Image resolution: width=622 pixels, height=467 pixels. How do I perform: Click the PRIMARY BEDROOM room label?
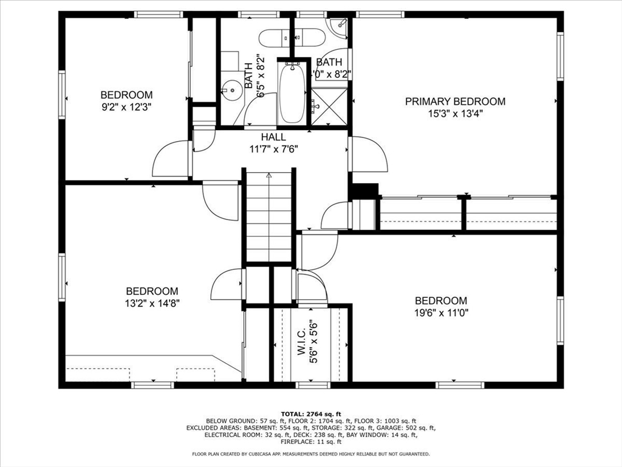pyautogui.click(x=455, y=102)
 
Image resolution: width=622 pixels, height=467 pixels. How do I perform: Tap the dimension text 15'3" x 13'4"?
pyautogui.click(x=455, y=113)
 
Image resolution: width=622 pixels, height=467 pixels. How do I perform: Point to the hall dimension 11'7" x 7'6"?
pyautogui.click(x=274, y=149)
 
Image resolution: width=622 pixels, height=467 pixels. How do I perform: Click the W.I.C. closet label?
pyautogui.click(x=302, y=345)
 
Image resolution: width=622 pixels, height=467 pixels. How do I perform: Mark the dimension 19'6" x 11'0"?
pyautogui.click(x=441, y=313)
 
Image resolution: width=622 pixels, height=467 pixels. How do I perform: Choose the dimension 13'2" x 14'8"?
pyautogui.click(x=152, y=303)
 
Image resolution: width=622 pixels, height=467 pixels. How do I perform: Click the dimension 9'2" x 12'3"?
pyautogui.click(x=126, y=106)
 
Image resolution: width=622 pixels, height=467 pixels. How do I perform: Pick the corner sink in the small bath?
pyautogui.click(x=337, y=26)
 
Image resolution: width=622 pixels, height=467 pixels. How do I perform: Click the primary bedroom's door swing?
pyautogui.click(x=369, y=154)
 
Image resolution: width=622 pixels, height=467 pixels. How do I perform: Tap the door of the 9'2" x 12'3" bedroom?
pyautogui.click(x=171, y=159)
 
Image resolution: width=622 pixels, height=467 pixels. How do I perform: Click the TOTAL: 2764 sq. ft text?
pyautogui.click(x=310, y=413)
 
